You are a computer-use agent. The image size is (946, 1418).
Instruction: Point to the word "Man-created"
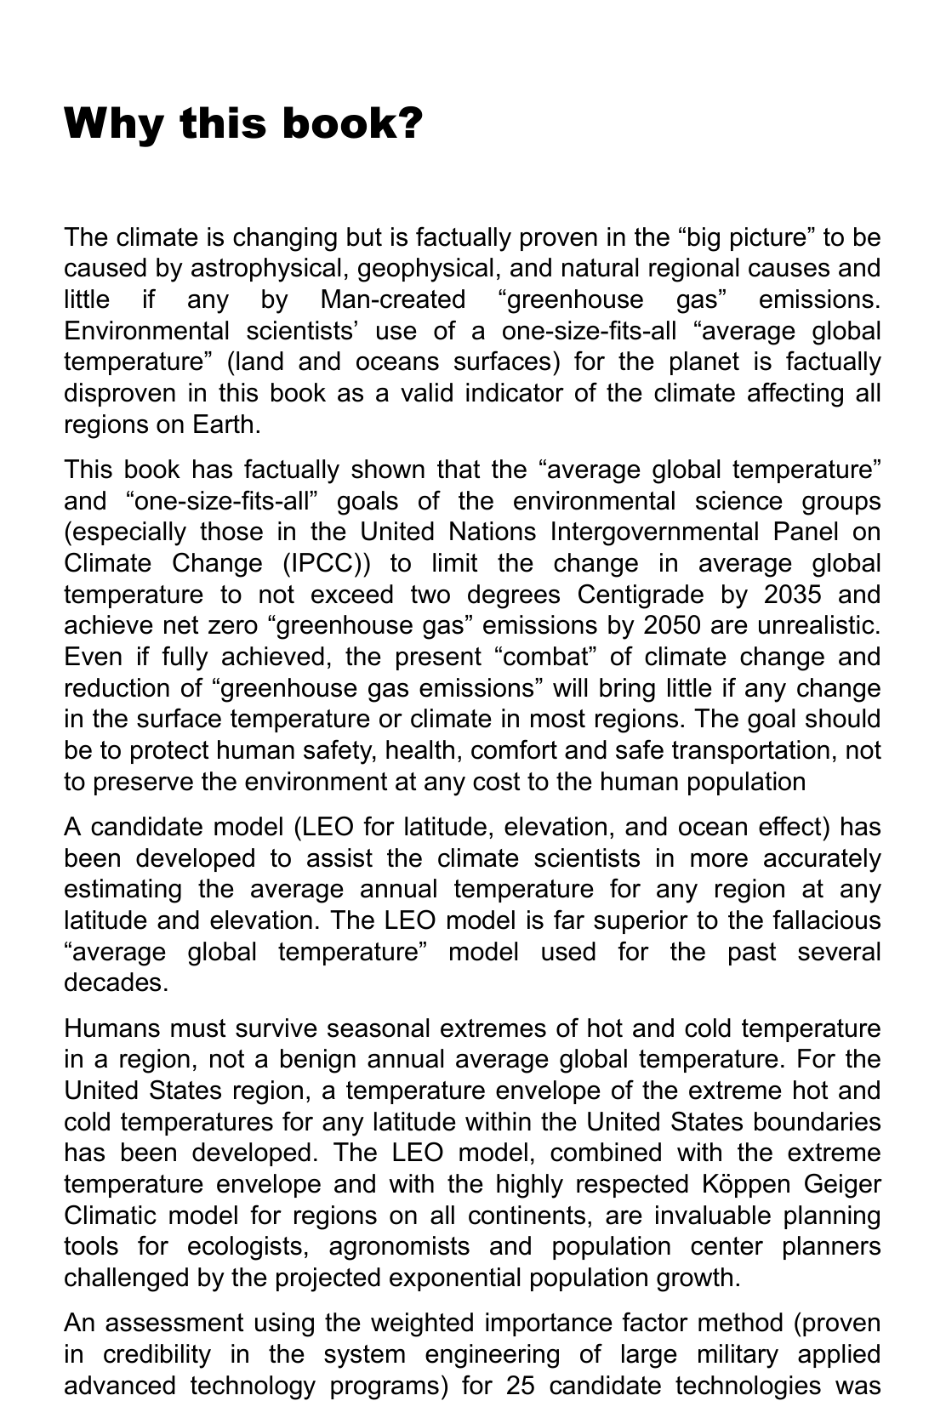[x=393, y=299]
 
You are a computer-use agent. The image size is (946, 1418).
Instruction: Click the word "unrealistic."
[x=818, y=625]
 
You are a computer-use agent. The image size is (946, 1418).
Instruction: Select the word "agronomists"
[x=398, y=1246]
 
